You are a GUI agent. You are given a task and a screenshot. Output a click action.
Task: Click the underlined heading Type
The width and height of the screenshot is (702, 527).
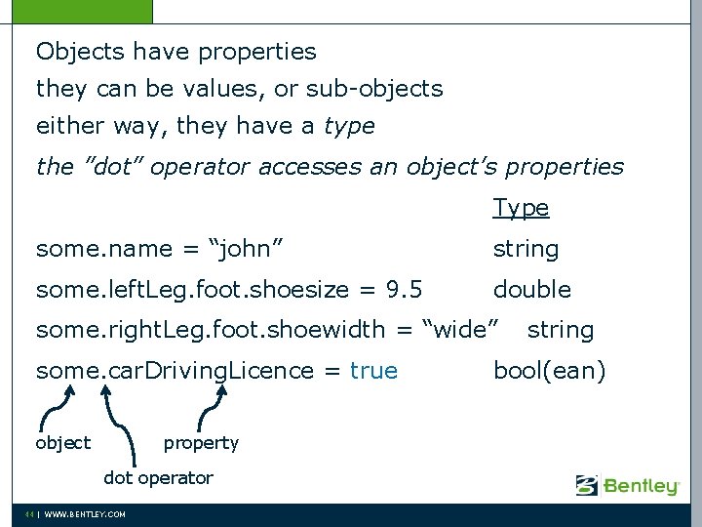click(521, 208)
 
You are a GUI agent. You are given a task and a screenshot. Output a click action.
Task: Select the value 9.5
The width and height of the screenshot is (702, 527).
click(405, 290)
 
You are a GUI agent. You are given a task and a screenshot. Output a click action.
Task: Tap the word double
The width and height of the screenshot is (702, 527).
click(531, 290)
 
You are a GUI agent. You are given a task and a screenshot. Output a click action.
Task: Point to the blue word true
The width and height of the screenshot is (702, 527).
click(373, 371)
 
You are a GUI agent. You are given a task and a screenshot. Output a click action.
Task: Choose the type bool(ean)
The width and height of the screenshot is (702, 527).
click(549, 371)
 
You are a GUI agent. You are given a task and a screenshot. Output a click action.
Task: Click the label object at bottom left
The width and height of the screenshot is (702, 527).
click(62, 443)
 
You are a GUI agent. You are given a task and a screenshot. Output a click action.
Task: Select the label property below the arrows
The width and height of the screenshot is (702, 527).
click(201, 443)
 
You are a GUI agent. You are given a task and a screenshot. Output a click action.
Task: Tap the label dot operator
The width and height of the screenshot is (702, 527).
click(158, 478)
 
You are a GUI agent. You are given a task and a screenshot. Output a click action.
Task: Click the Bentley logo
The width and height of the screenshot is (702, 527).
click(627, 485)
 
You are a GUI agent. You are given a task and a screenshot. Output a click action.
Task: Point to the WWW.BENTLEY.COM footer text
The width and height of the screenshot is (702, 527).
click(85, 514)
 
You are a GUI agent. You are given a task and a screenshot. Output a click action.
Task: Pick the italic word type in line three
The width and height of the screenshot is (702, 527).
click(348, 127)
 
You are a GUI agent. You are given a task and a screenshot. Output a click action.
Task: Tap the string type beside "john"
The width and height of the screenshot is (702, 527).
click(526, 249)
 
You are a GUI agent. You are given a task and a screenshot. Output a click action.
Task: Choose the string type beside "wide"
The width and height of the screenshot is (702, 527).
click(560, 330)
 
